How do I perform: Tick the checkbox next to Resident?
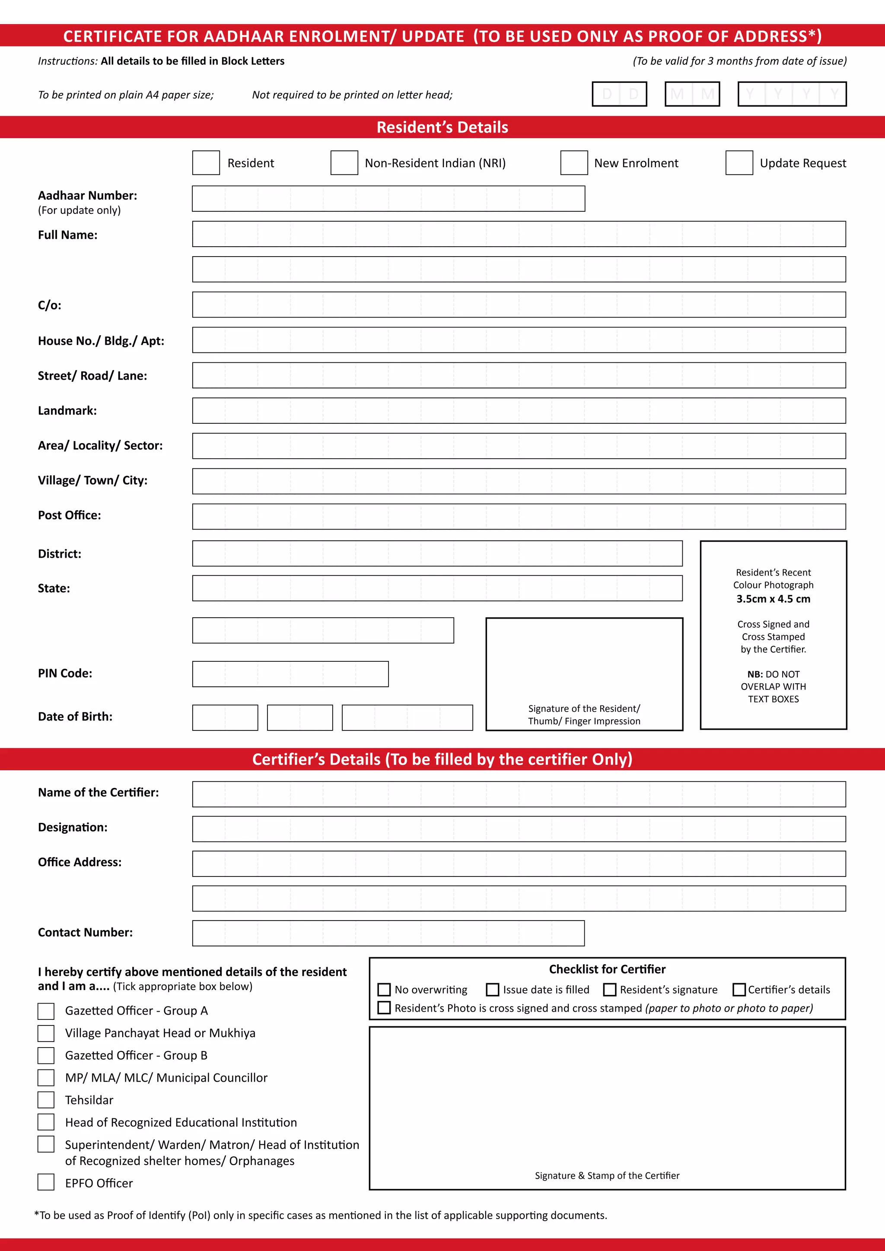[206, 163]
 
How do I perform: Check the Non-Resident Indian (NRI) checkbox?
[344, 163]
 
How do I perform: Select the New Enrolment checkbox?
[574, 163]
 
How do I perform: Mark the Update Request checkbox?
[739, 163]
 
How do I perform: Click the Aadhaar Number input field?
[388, 199]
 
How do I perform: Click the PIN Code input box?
[290, 674]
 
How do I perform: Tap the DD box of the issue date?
[619, 94]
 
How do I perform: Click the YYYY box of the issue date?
[791, 94]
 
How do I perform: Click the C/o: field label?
[50, 305]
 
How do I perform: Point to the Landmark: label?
[67, 411]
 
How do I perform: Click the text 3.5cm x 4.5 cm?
[773, 599]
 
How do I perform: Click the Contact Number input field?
[388, 933]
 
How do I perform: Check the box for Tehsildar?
[46, 1100]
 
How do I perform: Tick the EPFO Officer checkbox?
[46, 1182]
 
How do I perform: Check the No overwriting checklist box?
[384, 990]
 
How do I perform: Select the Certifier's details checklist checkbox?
[739, 990]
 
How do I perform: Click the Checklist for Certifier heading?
[607, 969]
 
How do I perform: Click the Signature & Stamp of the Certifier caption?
[607, 1175]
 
